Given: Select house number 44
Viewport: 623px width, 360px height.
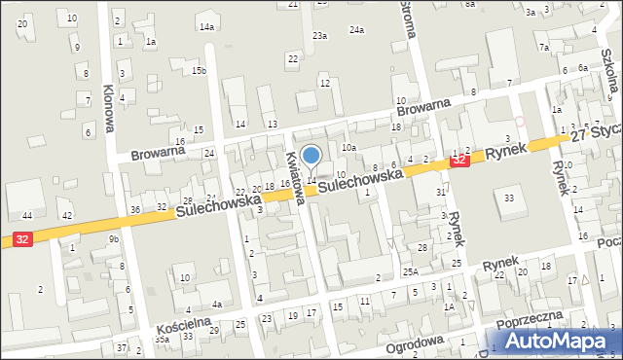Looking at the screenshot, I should coord(27,215).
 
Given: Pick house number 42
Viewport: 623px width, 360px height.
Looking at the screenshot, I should coord(67,215).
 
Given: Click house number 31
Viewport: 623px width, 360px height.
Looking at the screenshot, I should coord(440,193).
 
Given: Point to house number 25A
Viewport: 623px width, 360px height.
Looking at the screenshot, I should coord(411,271).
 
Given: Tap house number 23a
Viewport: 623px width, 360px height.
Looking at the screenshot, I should coord(319,36).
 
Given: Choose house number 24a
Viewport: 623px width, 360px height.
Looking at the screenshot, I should coord(357,30).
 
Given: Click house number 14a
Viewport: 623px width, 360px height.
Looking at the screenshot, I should coord(206,26).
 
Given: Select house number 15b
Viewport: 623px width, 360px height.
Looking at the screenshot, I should coord(199,71).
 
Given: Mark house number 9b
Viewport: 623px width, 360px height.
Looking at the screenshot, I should coord(113,239).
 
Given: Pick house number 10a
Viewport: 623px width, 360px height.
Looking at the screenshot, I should coord(348,147).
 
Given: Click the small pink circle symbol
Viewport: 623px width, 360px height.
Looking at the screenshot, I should coord(520,122).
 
